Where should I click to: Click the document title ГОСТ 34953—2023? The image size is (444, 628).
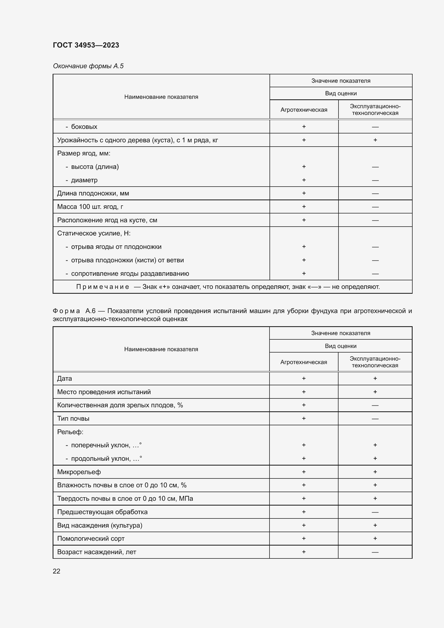click(86, 45)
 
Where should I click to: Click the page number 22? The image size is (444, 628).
click(56, 571)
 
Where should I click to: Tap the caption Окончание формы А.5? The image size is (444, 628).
click(88, 66)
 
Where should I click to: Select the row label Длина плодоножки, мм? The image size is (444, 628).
click(93, 193)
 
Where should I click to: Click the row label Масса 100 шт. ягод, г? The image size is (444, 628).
click(90, 207)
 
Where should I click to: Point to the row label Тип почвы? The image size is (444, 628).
click(73, 419)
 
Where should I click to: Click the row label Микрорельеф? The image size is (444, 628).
click(79, 472)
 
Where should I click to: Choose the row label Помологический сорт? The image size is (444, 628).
click(90, 539)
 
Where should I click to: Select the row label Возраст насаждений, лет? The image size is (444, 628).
click(96, 552)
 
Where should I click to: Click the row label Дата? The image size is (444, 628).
click(64, 379)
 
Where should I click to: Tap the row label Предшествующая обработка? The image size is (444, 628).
click(102, 512)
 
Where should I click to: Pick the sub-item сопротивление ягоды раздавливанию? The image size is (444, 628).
click(130, 274)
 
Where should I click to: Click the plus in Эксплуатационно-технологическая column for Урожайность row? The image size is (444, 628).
click(375, 140)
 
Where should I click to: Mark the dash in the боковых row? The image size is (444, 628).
click(375, 127)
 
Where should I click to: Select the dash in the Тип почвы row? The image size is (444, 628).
click(375, 419)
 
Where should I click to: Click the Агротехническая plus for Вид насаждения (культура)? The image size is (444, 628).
click(304, 525)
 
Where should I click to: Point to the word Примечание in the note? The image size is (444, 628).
click(103, 287)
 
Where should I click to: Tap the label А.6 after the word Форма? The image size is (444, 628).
click(90, 311)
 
